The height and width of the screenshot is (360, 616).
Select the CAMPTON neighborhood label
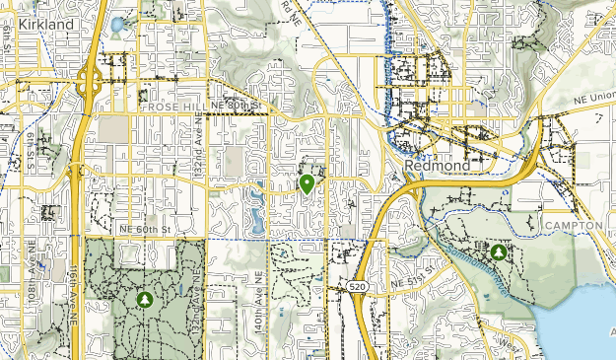(x=573, y=226)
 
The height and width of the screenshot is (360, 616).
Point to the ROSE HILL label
(x=173, y=106)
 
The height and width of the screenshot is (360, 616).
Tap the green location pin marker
(x=307, y=183)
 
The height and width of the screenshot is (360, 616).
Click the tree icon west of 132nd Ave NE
(x=146, y=297)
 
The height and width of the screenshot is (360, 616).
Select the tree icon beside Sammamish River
(x=499, y=252)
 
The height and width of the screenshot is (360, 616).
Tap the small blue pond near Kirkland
(x=117, y=24)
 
